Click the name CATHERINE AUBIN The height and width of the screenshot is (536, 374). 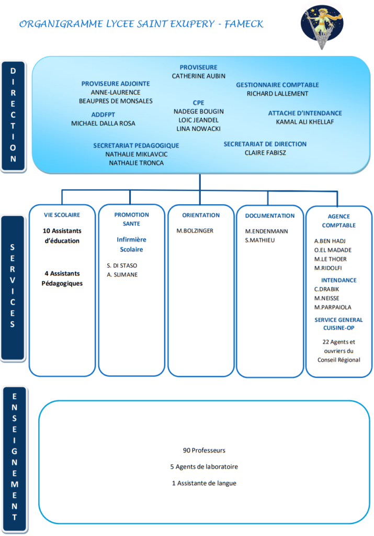tap(198, 76)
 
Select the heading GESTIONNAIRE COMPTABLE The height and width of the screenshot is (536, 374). tap(277, 85)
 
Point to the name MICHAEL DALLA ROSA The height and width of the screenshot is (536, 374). tap(103, 124)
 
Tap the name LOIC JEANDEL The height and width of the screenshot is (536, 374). tap(198, 120)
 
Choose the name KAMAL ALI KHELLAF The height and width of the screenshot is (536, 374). tap(305, 121)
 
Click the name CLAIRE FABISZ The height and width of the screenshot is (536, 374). tap(265, 153)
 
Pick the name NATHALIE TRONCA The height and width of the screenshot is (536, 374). tap(137, 163)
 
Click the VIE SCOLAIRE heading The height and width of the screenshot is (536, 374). tap(62, 215)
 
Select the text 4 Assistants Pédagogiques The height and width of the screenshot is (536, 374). tap(62, 278)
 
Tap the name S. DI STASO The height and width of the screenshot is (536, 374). tap(122, 265)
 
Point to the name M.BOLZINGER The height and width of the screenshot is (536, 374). tap(195, 231)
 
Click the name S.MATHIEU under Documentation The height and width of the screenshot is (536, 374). tap(259, 240)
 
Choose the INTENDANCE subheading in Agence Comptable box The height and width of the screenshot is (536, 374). tap(339, 281)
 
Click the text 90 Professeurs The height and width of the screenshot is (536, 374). tap(204, 451)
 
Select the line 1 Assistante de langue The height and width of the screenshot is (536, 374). tap(204, 483)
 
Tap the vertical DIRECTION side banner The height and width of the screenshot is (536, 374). tap(13, 115)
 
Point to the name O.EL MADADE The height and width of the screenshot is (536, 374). tap(333, 250)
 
